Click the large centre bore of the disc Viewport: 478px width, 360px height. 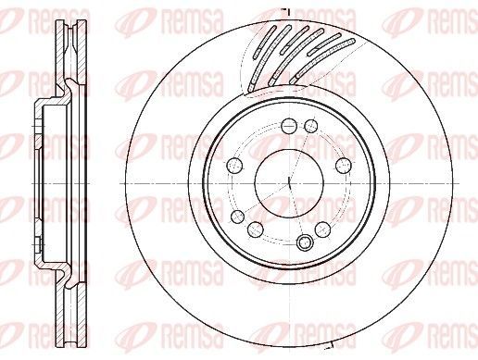[289, 183]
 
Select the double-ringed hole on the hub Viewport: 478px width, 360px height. [305, 242]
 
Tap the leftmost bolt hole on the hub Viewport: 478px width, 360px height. [234, 166]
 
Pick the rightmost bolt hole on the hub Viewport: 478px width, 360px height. [344, 166]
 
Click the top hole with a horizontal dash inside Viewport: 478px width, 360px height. [289, 126]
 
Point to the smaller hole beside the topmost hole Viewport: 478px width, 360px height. [311, 126]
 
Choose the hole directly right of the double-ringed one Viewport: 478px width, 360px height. [323, 230]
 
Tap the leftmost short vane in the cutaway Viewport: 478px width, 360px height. [265, 43]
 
